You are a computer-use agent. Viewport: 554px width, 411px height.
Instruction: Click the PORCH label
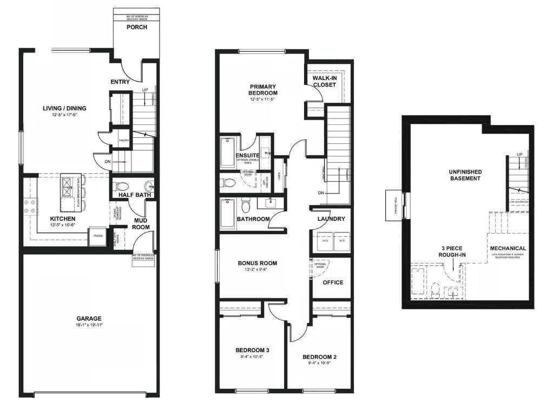[x=136, y=28]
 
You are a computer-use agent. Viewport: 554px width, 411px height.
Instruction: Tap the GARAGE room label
[x=89, y=319]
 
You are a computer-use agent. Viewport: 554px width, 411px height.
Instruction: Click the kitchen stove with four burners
[x=31, y=205]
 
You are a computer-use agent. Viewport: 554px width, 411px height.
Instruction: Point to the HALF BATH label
[x=134, y=195]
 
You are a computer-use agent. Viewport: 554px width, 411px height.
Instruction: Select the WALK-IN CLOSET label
[x=325, y=81]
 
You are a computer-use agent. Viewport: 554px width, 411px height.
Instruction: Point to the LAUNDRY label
[x=331, y=219]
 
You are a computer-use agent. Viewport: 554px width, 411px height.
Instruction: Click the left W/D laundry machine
[x=325, y=241]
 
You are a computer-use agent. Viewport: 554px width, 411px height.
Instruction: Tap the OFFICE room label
[x=333, y=282]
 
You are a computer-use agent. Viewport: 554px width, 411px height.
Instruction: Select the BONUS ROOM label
[x=258, y=263]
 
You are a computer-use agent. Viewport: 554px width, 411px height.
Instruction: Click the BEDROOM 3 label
[x=253, y=350]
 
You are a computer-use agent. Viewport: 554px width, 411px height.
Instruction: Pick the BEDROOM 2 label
[x=319, y=357]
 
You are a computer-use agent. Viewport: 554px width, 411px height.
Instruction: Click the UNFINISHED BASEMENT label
[x=465, y=175]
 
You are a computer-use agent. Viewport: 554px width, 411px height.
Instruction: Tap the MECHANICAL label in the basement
[x=508, y=248]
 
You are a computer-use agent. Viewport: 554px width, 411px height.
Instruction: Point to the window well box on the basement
[x=394, y=205]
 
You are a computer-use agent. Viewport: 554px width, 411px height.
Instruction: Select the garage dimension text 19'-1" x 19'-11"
[x=89, y=325]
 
